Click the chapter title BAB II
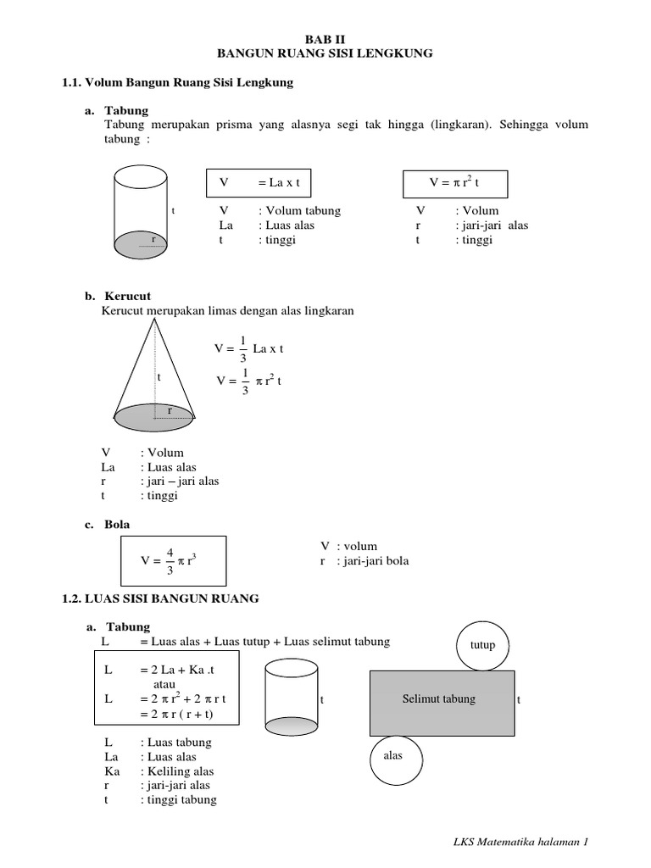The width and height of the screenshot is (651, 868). (x=325, y=38)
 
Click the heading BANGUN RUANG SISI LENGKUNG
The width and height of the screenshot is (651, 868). (x=325, y=53)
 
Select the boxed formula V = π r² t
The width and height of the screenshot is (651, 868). (x=454, y=182)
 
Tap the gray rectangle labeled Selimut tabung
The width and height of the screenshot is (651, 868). (x=442, y=700)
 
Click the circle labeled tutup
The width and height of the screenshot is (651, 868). (x=481, y=645)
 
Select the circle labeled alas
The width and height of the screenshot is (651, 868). (x=393, y=756)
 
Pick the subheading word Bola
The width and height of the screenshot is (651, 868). (x=117, y=526)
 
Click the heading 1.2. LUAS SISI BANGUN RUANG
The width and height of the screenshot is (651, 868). (x=161, y=598)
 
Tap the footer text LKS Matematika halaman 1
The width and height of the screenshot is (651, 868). (x=520, y=842)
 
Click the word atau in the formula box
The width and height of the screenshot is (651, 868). (x=164, y=683)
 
